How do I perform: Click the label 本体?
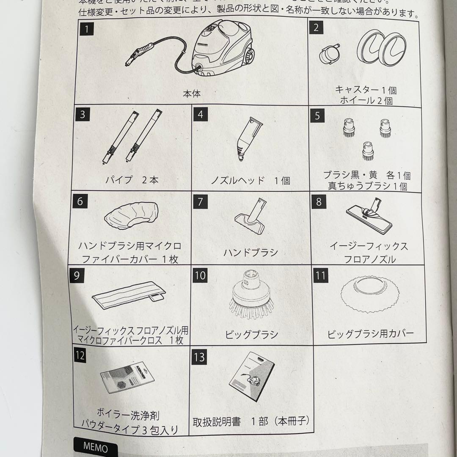(x=191, y=94)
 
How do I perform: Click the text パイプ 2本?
(x=132, y=179)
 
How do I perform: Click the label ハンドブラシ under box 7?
(x=251, y=252)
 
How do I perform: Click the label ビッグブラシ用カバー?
(x=370, y=333)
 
